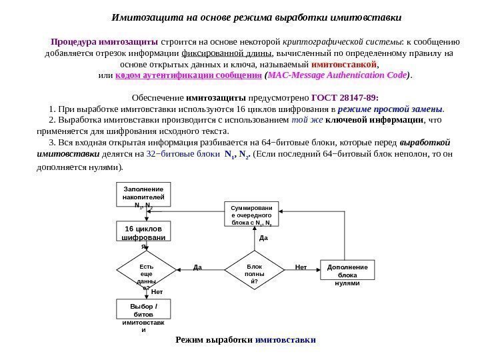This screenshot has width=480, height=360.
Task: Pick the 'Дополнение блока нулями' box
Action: click(348, 273)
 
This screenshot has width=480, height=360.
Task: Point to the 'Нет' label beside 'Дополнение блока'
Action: click(301, 267)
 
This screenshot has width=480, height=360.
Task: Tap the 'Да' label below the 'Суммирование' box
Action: click(263, 237)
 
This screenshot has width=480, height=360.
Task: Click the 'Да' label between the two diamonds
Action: click(197, 268)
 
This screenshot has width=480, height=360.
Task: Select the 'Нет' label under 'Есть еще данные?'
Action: click(157, 292)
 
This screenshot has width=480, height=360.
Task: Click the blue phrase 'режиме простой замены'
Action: click(391, 109)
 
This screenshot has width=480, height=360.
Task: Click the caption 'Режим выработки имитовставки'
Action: click(245, 339)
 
